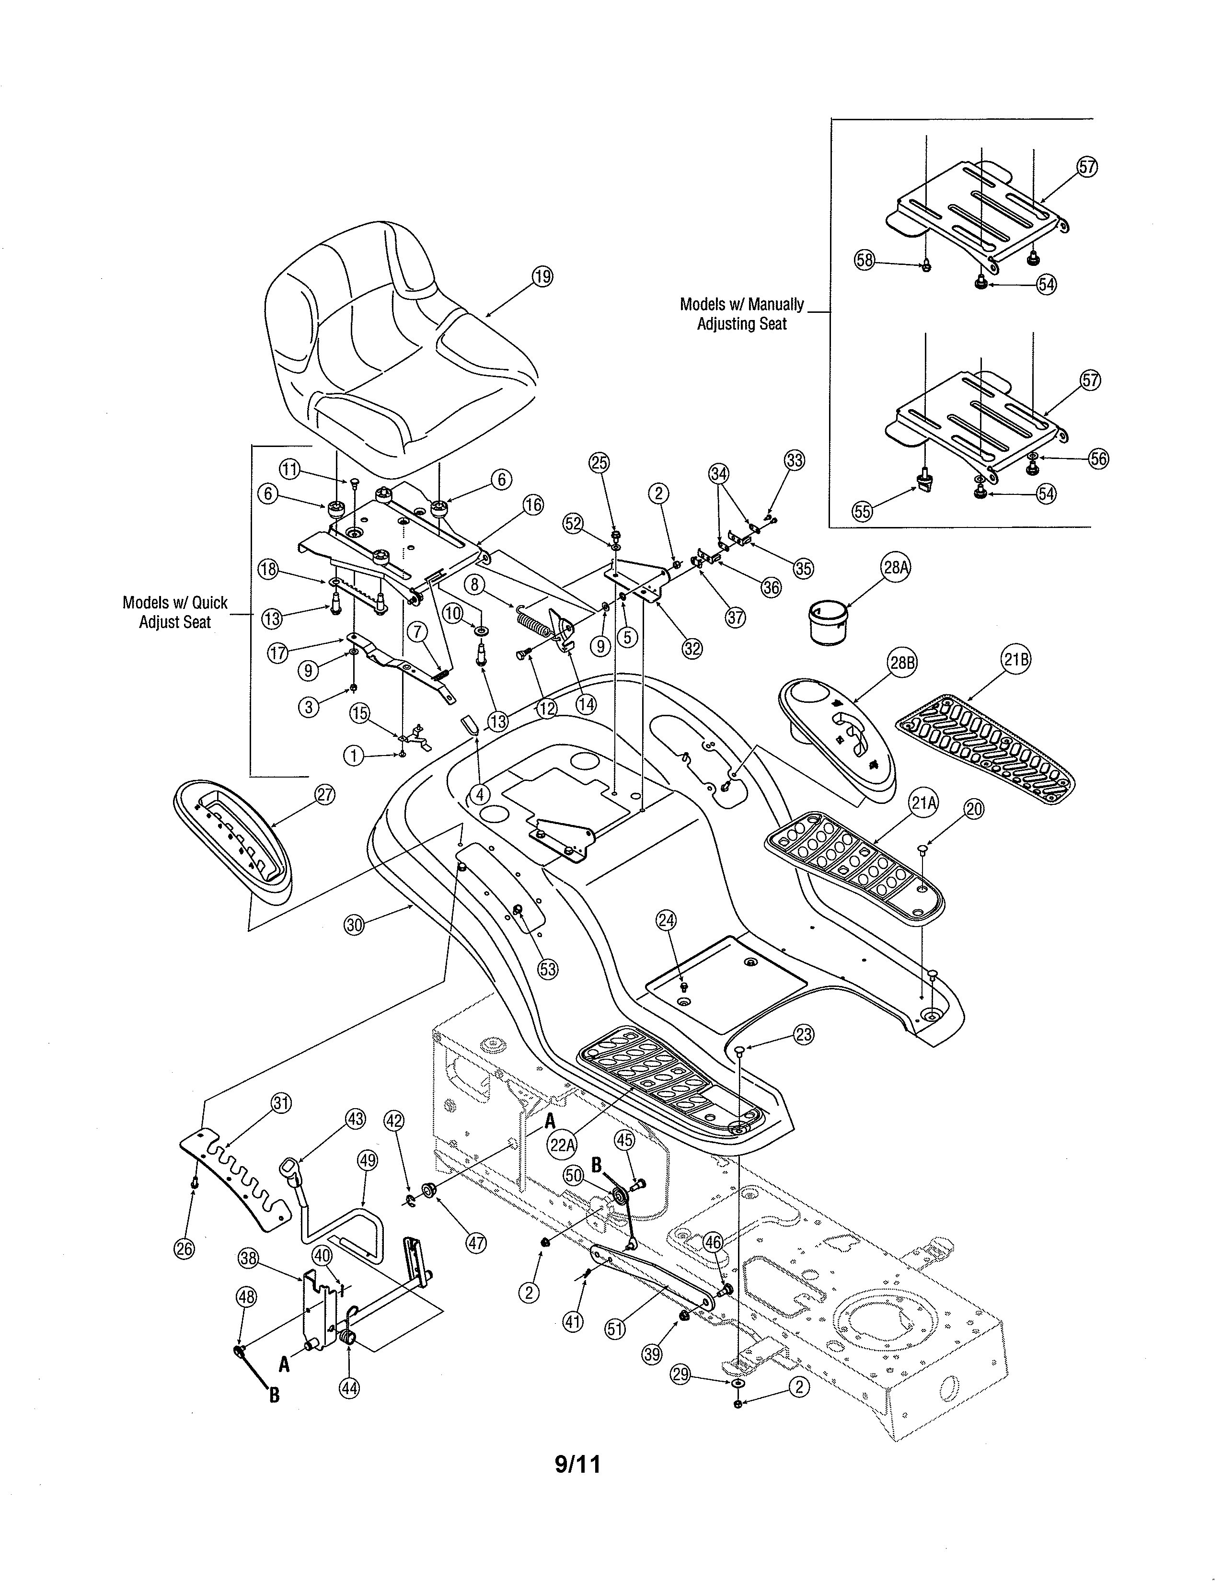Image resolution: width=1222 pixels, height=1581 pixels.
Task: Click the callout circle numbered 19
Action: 542,276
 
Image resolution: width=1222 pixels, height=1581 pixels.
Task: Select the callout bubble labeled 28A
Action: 896,568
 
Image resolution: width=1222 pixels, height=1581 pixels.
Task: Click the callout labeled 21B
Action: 1015,660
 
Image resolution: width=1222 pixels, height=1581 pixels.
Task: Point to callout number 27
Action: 325,795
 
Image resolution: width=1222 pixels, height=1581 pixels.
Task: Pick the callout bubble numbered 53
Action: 548,969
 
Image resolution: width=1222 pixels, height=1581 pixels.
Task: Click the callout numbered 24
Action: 666,920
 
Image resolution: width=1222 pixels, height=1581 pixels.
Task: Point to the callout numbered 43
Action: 356,1118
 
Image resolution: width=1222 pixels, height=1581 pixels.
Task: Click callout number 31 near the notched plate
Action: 281,1103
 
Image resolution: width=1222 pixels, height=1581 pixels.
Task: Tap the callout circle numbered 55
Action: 862,512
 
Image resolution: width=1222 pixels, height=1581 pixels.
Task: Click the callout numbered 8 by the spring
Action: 474,584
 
